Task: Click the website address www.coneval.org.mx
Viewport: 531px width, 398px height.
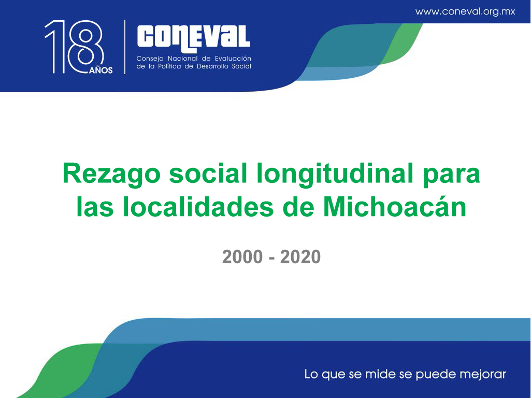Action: pyautogui.click(x=465, y=11)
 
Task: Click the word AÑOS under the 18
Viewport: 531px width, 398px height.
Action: pyautogui.click(x=101, y=70)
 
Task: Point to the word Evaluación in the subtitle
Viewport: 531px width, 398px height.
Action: pyautogui.click(x=233, y=58)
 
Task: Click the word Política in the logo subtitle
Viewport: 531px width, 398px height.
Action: pyautogui.click(x=169, y=66)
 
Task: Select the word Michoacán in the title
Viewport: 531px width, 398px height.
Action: pyautogui.click(x=395, y=207)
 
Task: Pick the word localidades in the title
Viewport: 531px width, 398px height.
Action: pyautogui.click(x=198, y=207)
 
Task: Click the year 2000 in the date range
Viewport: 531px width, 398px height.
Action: pyautogui.click(x=242, y=257)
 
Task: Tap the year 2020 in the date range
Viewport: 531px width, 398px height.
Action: pyautogui.click(x=300, y=257)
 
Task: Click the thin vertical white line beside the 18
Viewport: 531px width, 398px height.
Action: pyautogui.click(x=125, y=47)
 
